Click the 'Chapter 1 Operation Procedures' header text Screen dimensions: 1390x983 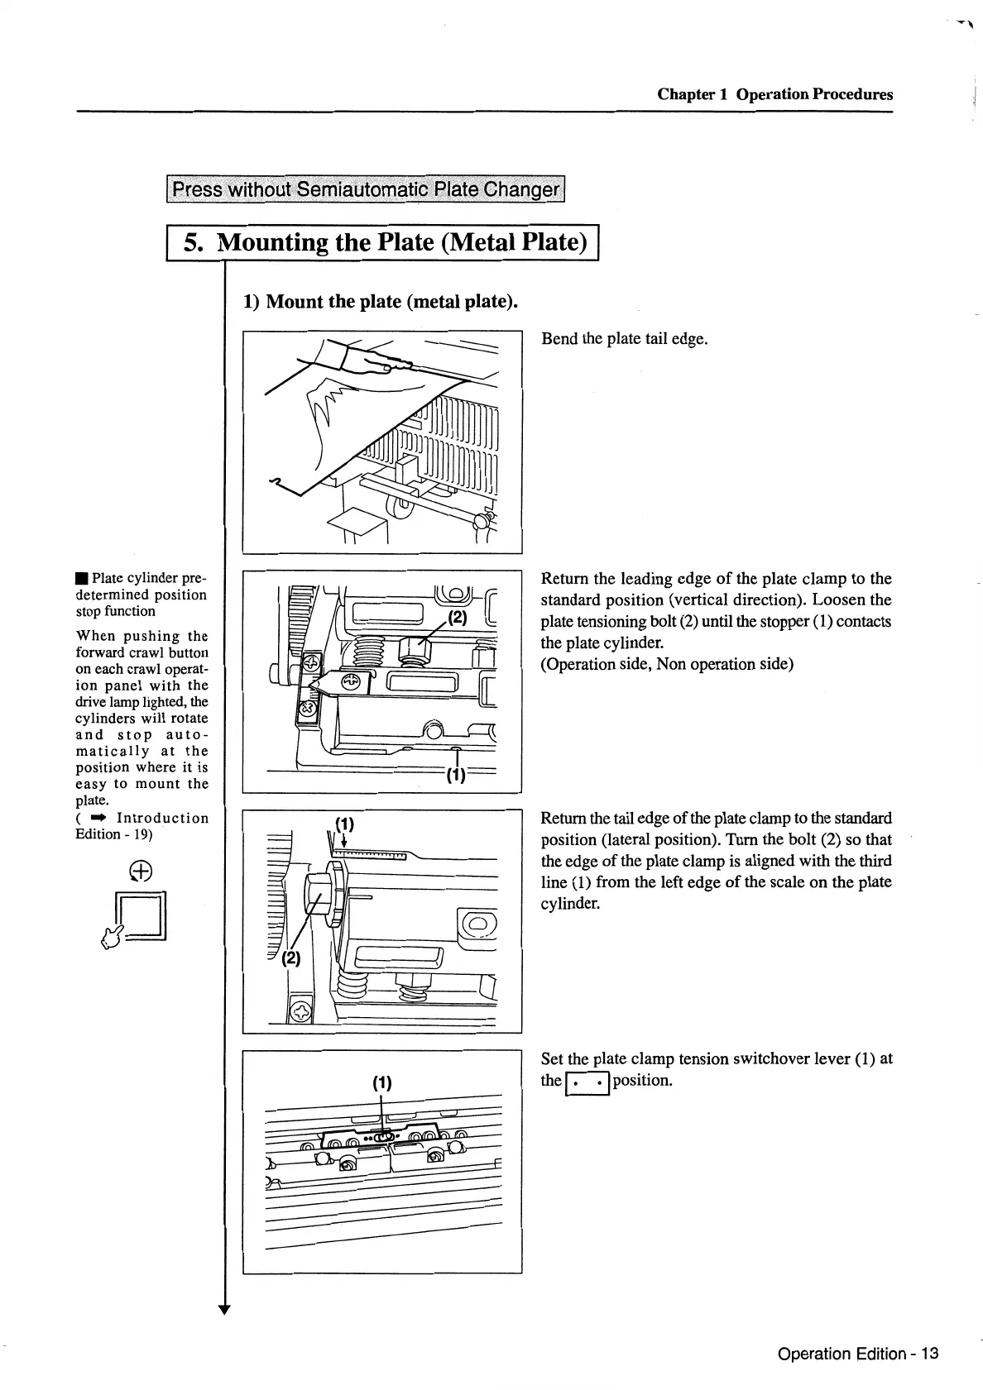(x=774, y=94)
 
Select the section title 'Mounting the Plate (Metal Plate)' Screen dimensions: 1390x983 (x=401, y=242)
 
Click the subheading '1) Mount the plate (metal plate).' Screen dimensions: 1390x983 (x=380, y=301)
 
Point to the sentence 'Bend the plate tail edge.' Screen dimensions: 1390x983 (x=624, y=339)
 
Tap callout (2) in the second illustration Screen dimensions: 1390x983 (x=458, y=617)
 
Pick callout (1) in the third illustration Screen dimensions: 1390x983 (x=344, y=824)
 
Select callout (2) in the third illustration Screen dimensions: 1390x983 (x=291, y=958)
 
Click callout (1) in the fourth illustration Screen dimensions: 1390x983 (x=381, y=1083)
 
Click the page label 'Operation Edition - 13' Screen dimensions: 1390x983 (x=858, y=1354)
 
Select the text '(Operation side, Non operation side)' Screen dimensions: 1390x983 (x=667, y=664)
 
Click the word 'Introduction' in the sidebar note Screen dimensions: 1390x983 (x=163, y=818)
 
